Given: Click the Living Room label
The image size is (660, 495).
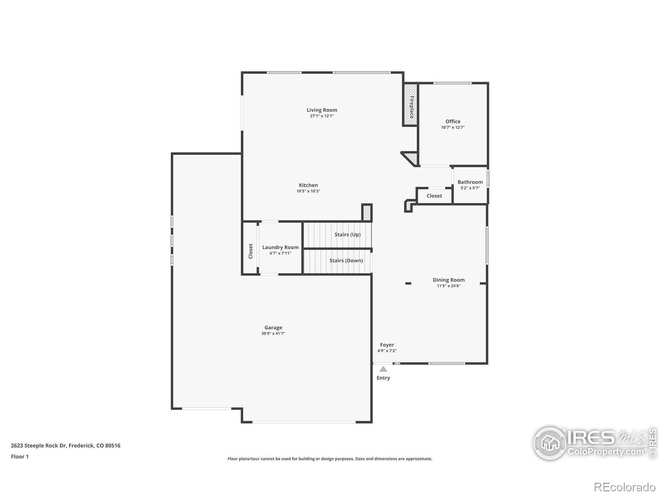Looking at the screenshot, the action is (322, 110).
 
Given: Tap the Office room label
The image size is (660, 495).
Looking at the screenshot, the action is (453, 121).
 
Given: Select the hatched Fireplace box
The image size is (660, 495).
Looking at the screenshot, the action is (410, 105).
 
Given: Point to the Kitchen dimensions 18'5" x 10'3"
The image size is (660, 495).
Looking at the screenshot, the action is (308, 191).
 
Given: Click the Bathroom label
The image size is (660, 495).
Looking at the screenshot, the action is (470, 182).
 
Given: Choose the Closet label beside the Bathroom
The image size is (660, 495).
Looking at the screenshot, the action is (434, 196).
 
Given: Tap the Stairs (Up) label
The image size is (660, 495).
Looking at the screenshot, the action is (347, 234).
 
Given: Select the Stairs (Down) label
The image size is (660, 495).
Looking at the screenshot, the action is (346, 261).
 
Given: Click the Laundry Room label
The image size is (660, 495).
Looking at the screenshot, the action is (280, 247).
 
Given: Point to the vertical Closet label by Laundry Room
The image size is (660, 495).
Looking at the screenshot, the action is (250, 251).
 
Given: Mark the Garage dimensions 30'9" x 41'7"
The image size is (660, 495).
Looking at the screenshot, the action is (273, 333).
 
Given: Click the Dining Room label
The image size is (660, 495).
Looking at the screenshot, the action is (448, 280).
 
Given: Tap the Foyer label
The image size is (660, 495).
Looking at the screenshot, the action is (387, 345).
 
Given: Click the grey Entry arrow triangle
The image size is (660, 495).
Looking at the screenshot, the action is (383, 369).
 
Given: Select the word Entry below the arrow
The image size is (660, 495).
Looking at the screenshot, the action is (383, 378).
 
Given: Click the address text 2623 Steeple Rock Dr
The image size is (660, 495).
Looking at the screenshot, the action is (38, 446).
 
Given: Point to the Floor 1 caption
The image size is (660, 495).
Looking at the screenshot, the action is (20, 457).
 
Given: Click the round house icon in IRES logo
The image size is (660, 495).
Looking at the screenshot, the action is (550, 443).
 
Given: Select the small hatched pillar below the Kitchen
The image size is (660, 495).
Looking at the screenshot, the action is (367, 212).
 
